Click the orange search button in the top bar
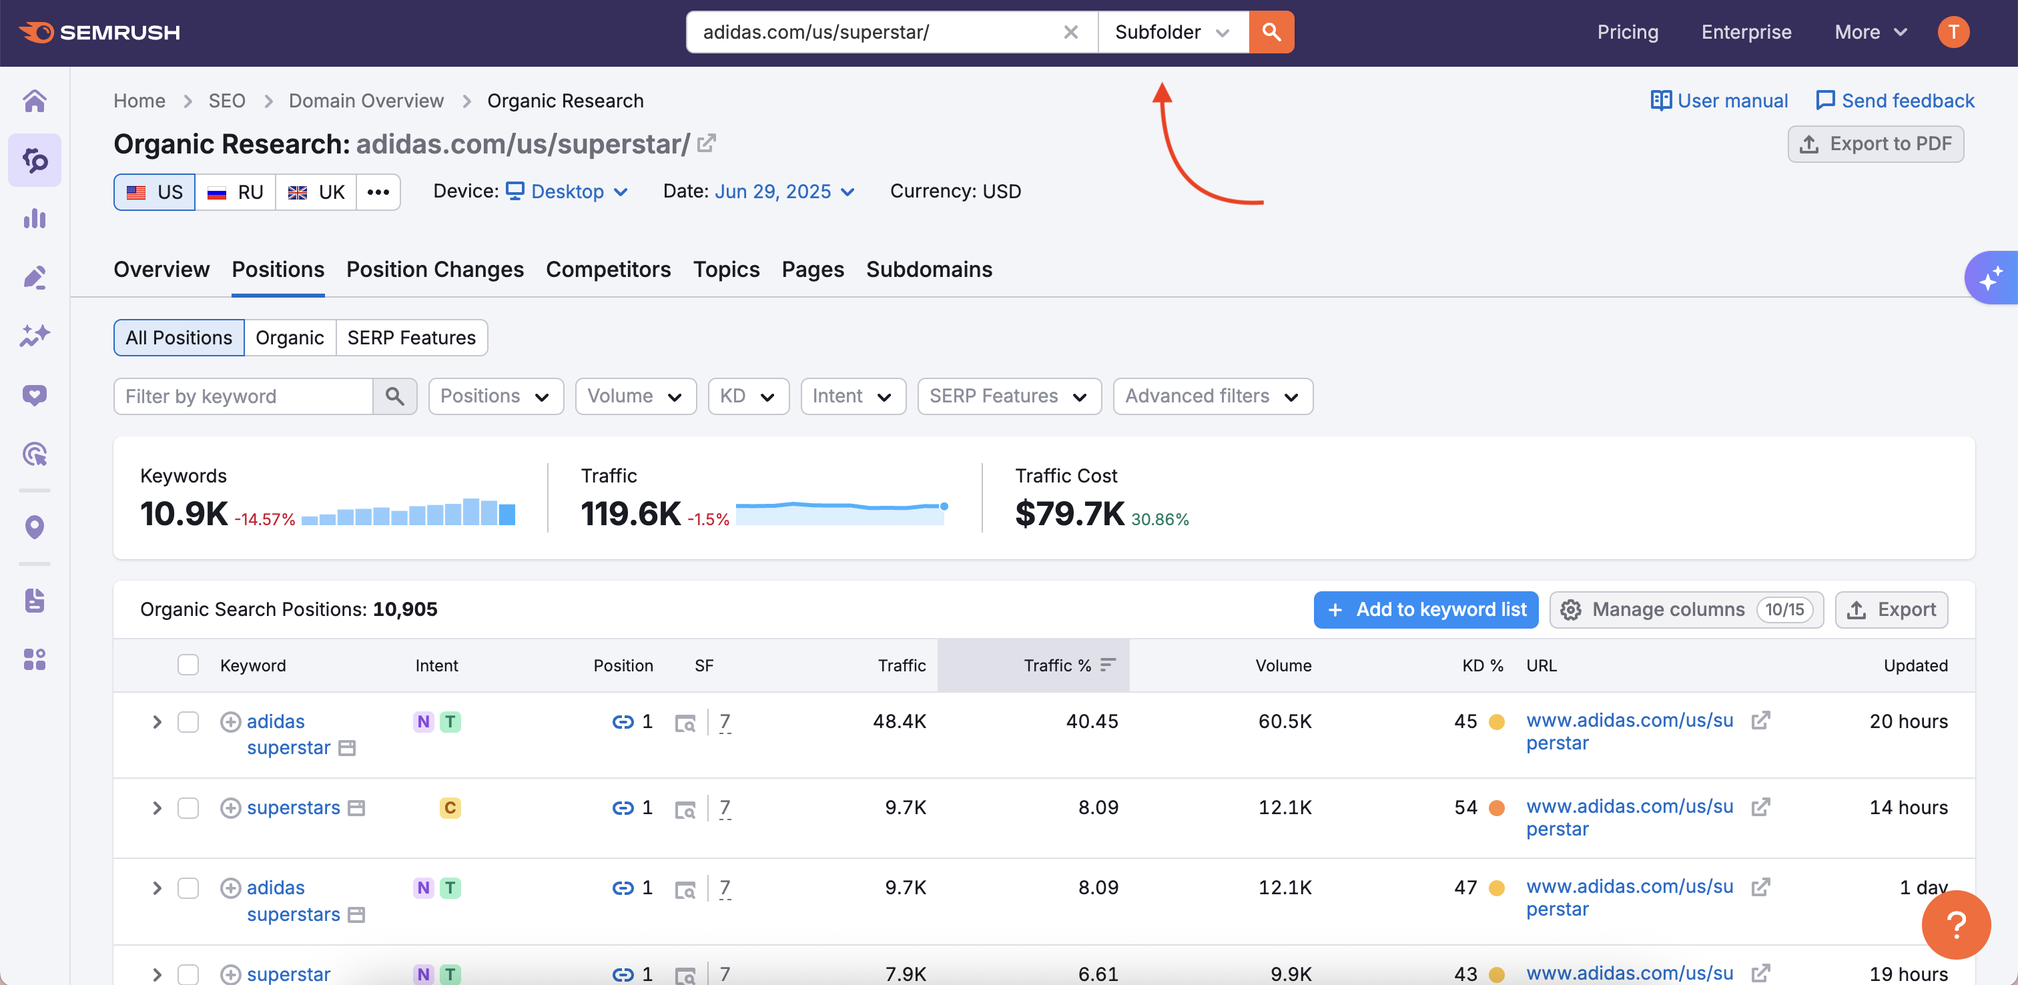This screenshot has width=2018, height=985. (x=1271, y=32)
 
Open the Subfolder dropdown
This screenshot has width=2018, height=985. (x=1172, y=32)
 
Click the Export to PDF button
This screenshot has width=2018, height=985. (x=1875, y=144)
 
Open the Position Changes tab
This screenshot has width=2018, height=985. (x=435, y=270)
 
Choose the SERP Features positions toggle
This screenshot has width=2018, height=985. (x=411, y=338)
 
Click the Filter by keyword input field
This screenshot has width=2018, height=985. (x=243, y=396)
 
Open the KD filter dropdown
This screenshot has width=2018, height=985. (x=747, y=396)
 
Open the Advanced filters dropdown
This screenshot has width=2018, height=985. (x=1212, y=396)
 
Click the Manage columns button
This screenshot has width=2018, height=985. (x=1686, y=610)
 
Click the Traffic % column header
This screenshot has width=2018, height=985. (x=1057, y=665)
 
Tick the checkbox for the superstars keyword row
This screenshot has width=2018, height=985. (x=188, y=808)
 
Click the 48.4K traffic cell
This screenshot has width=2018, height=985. (x=900, y=721)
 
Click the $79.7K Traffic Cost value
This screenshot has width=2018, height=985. (x=1069, y=514)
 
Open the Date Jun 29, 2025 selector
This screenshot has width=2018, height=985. (x=783, y=192)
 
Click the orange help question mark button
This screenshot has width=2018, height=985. (x=1955, y=925)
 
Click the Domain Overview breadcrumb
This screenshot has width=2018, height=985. (x=366, y=101)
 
